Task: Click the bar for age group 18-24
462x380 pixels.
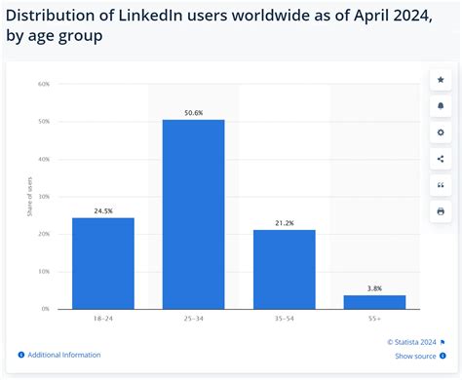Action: [x=102, y=263]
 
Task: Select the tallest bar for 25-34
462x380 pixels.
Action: [x=193, y=214]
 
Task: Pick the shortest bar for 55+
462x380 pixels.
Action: [x=374, y=302]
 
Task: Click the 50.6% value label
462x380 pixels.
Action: [x=193, y=112]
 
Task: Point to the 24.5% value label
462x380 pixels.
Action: [x=102, y=210]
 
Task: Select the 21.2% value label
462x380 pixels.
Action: [x=284, y=222]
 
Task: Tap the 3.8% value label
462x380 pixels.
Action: [x=374, y=288]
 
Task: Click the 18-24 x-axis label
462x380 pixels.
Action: [x=102, y=320]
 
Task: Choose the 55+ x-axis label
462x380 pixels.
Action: [x=374, y=320]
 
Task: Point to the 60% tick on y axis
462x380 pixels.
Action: [x=44, y=84]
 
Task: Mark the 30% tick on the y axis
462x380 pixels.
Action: [x=44, y=196]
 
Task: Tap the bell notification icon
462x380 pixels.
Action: [x=441, y=105]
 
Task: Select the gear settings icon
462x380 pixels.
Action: [x=441, y=132]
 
